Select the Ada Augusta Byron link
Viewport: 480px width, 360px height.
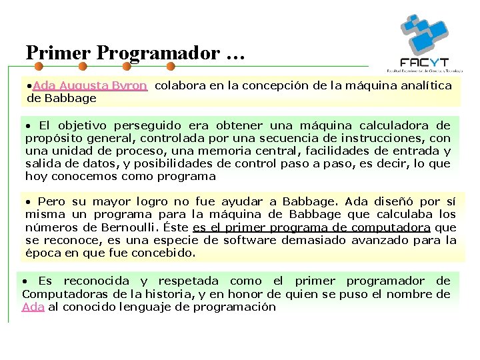(89, 85)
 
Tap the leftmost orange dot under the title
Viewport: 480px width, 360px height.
(39, 67)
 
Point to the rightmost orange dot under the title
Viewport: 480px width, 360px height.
(170, 67)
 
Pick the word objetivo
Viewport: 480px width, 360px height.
(84, 125)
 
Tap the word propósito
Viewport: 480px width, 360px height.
(53, 138)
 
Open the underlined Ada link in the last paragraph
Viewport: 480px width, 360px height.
(33, 307)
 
